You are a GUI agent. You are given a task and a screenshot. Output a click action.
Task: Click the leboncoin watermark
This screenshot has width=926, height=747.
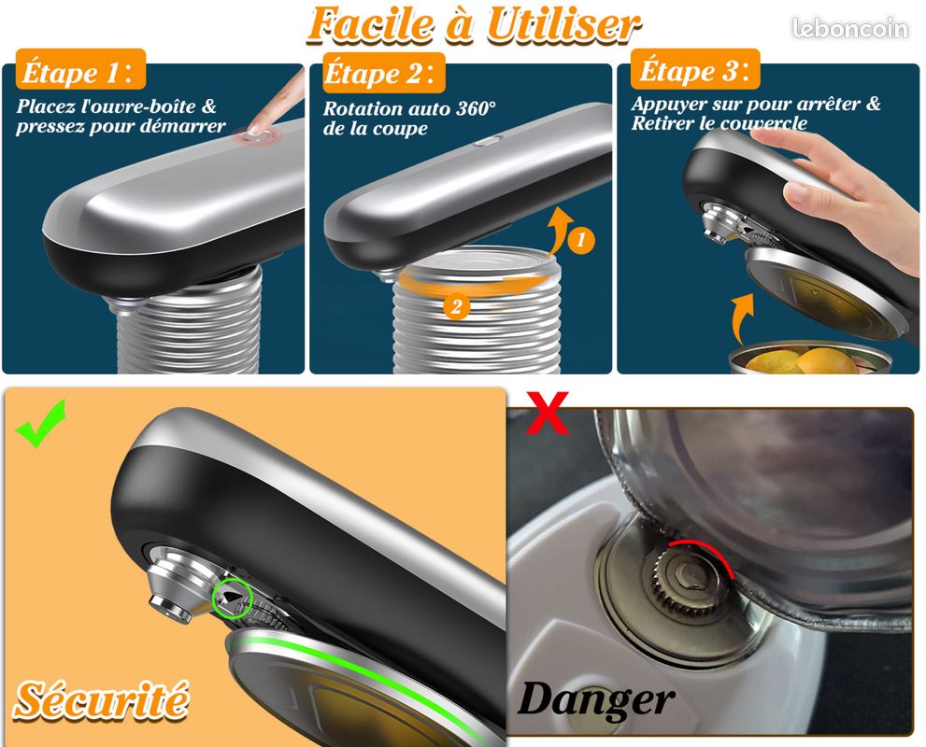[x=849, y=28]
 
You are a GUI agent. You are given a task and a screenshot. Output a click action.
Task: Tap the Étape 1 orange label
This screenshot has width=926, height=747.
[x=81, y=71]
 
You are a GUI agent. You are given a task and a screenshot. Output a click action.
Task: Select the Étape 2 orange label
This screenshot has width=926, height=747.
[x=384, y=73]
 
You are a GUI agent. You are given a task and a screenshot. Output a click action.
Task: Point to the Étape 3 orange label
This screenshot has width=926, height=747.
[x=695, y=70]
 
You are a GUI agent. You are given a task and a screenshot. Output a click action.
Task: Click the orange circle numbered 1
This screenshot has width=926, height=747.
[x=580, y=240]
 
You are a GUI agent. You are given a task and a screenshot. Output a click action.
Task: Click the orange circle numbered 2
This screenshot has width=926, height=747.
[x=456, y=307]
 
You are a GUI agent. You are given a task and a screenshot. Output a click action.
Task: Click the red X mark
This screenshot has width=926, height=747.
[x=547, y=412]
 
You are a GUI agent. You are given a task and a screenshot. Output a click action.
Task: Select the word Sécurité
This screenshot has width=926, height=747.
[x=101, y=700]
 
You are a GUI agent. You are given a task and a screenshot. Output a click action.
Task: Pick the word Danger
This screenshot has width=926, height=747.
[x=595, y=700]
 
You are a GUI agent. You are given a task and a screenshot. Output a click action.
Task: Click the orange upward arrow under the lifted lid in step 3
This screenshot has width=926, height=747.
[x=742, y=318]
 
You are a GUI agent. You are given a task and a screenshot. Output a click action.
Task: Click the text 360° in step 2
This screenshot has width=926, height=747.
[x=476, y=108]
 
